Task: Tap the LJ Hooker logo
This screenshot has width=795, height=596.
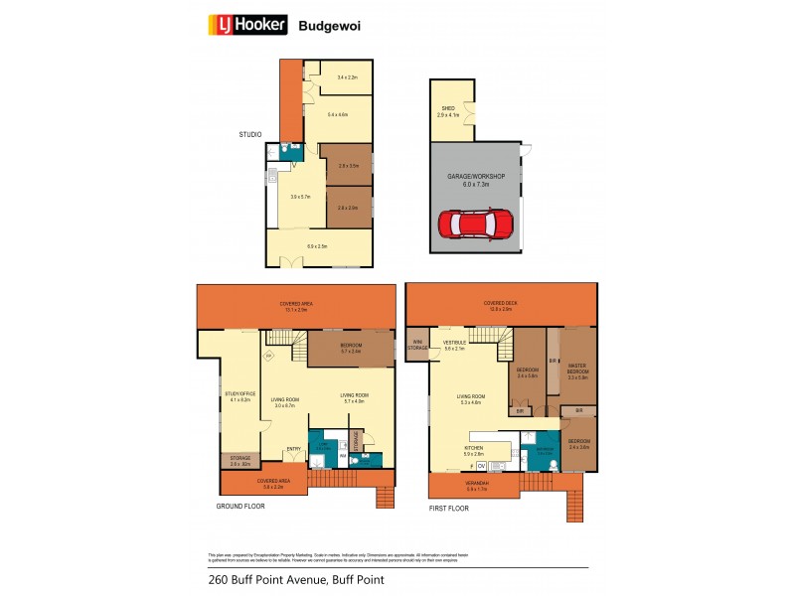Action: click(246, 25)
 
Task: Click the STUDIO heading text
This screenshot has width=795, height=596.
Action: click(249, 134)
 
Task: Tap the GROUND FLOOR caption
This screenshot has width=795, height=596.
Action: click(240, 505)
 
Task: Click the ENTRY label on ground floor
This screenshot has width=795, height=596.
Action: click(293, 448)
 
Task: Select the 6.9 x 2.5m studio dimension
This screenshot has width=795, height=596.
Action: click(318, 245)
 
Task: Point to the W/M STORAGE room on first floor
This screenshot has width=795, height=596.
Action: click(417, 346)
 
